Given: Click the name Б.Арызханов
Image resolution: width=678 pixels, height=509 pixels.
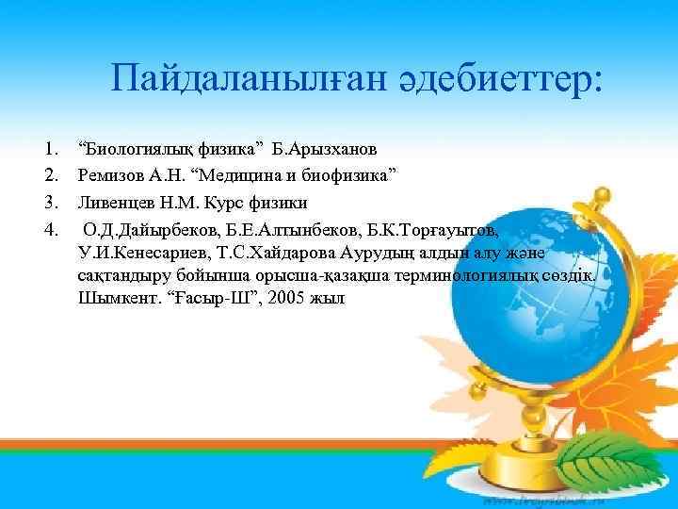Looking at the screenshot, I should point(326,149).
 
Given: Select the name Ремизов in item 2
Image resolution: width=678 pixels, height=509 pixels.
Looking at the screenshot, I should point(112,175).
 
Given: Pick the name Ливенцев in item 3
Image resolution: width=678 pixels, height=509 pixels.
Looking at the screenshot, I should point(116,202).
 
